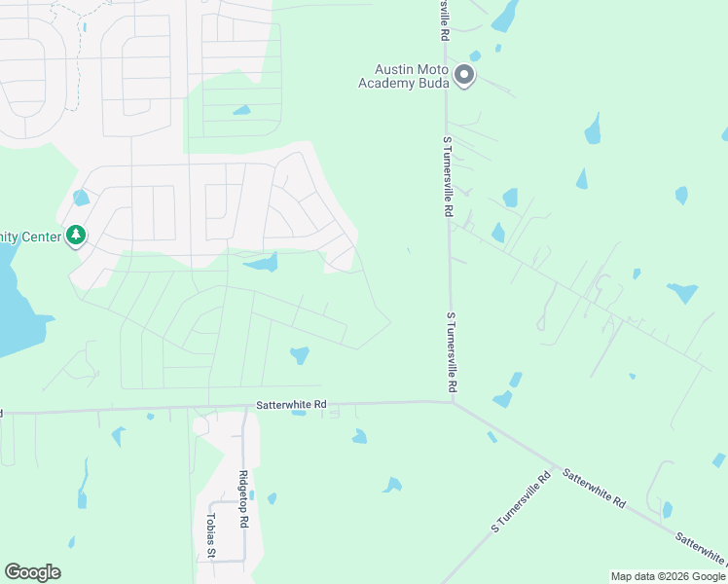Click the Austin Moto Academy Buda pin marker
(464, 74)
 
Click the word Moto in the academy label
(434, 69)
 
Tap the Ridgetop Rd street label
(244, 500)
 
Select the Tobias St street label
(210, 535)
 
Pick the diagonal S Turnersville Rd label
(522, 502)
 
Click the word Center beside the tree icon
(37, 236)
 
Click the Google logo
(32, 572)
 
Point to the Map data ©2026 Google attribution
(667, 576)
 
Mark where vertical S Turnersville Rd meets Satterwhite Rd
(453, 401)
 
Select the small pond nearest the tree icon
(80, 198)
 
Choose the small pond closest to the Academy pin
(475, 55)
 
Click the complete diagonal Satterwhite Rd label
(593, 487)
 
